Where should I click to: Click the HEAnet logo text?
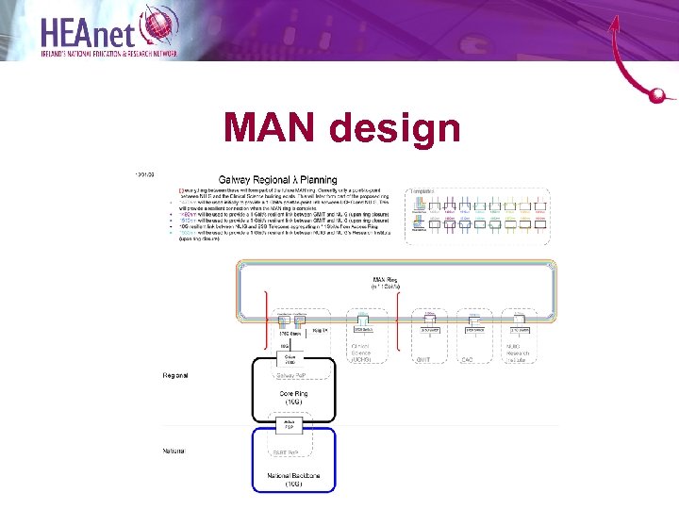(90, 30)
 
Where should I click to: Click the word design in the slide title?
(400, 130)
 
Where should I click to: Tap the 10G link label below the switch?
(284, 346)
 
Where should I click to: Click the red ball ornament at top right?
(659, 94)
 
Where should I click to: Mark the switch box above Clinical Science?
(363, 329)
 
